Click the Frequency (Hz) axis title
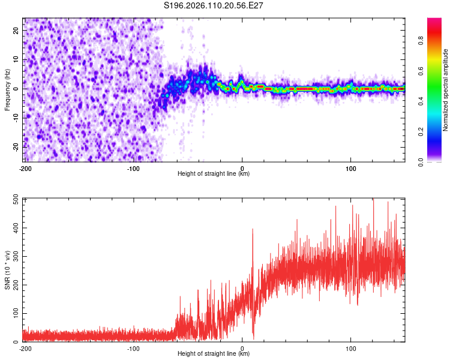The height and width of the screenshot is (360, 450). (x=7, y=90)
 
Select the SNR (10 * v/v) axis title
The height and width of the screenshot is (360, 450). (x=7, y=270)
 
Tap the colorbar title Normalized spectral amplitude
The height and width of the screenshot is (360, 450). (x=446, y=90)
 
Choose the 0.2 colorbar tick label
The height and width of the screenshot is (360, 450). (x=421, y=131)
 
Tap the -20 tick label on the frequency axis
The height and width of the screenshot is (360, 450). (x=16, y=146)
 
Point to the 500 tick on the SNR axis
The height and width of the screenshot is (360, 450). (x=14, y=200)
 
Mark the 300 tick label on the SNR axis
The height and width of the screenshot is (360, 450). (x=14, y=257)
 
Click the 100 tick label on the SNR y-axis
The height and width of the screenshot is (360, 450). (x=14, y=314)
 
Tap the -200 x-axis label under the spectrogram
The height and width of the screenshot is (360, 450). (x=25, y=169)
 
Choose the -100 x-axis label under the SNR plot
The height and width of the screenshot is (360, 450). (x=133, y=349)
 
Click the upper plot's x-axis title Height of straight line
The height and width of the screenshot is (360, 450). (x=214, y=173)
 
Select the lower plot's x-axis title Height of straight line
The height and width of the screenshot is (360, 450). (x=214, y=353)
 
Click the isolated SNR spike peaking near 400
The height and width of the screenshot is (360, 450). (x=253, y=230)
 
